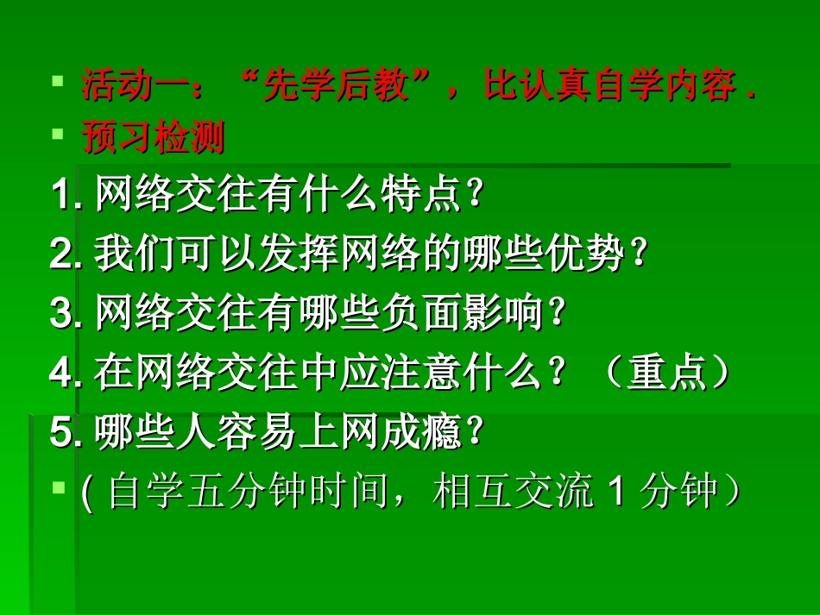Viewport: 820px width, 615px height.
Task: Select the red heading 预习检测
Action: tap(154, 138)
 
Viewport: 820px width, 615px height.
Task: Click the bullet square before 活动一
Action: tap(57, 83)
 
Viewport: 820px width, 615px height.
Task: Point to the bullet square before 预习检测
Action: tap(57, 135)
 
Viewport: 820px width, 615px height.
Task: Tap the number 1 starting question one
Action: tap(61, 196)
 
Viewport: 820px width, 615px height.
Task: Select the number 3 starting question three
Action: tap(61, 313)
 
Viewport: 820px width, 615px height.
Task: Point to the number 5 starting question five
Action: tap(61, 432)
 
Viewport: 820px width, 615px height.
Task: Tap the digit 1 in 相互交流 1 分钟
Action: tap(615, 493)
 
